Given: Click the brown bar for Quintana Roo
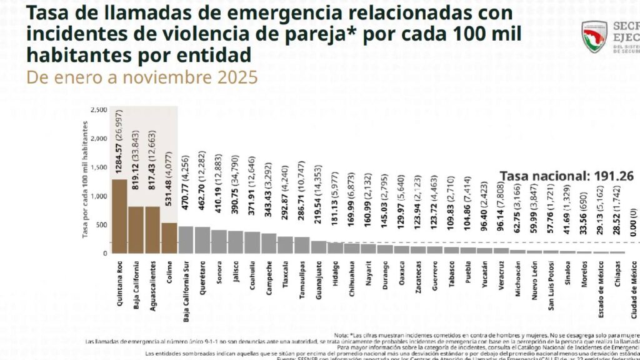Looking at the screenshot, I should pyautogui.click(x=120, y=216).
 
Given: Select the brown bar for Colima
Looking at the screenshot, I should pyautogui.click(x=169, y=238).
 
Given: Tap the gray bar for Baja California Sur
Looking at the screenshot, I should pyautogui.click(x=186, y=240).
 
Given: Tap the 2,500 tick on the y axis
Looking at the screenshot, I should pyautogui.click(x=98, y=110).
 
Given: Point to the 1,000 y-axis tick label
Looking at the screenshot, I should pyautogui.click(x=98, y=196).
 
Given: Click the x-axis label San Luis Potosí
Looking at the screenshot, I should pyautogui.click(x=551, y=287).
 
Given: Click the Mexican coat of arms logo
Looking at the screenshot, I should pyautogui.click(x=594, y=37).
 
